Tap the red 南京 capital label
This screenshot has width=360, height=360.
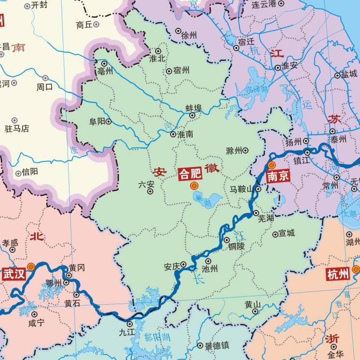(278, 176)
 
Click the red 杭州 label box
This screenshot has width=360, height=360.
(338, 275)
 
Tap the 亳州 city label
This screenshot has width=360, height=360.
(105, 71)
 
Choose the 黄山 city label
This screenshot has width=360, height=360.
(252, 304)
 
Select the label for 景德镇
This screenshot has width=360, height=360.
(217, 346)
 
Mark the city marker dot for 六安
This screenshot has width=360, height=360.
(150, 191)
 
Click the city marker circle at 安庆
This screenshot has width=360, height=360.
(183, 264)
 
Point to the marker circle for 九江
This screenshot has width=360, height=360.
(130, 324)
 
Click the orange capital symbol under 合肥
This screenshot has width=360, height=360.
(194, 186)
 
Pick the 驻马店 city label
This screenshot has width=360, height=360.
(17, 129)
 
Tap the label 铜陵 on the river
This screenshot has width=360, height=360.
(237, 246)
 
